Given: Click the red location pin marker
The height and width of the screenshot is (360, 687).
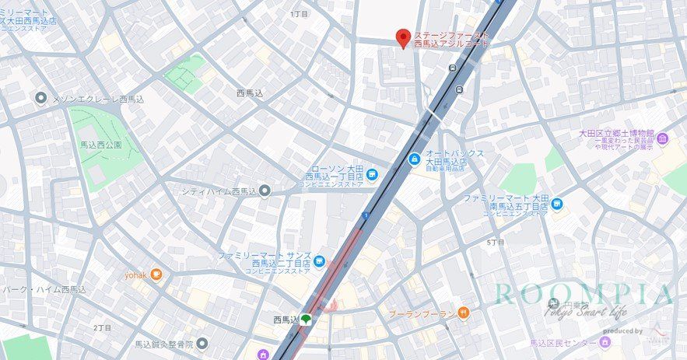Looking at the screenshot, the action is pyautogui.click(x=403, y=37).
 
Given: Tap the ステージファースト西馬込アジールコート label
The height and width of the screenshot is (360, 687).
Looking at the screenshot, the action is pyautogui.click(x=451, y=40).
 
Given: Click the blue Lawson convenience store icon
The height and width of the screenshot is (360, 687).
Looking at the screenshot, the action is pyautogui.click(x=372, y=174).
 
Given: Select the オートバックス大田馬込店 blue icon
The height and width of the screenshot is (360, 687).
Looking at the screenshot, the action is pyautogui.click(x=414, y=159).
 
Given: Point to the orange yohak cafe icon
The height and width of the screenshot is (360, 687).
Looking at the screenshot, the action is pyautogui.click(x=156, y=274).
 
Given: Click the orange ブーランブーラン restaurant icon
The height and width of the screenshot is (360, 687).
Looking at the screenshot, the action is pyautogui.click(x=464, y=313).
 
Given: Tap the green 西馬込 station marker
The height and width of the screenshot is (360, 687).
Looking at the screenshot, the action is pyautogui.click(x=307, y=318).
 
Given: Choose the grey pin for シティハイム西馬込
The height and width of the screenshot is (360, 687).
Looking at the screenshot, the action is pyautogui.click(x=265, y=190).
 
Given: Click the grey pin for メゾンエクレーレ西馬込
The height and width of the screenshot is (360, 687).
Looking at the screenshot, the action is pyautogui.click(x=41, y=99).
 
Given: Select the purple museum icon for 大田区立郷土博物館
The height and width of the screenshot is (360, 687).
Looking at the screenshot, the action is pyautogui.click(x=662, y=139).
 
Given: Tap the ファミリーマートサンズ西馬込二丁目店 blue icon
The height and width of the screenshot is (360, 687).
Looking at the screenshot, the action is pyautogui.click(x=320, y=260).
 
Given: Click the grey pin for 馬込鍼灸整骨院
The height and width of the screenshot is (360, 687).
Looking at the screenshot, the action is pyautogui.click(x=202, y=343).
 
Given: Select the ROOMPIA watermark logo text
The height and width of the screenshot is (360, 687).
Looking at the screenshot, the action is pyautogui.click(x=584, y=295).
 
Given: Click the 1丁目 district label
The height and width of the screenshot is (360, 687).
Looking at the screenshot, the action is pyautogui.click(x=299, y=14).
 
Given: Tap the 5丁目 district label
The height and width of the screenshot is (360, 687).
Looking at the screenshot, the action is pyautogui.click(x=496, y=243).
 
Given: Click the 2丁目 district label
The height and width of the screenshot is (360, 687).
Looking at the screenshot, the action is pyautogui.click(x=103, y=327).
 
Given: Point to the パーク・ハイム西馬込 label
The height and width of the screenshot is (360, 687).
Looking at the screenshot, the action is pyautogui.click(x=44, y=289).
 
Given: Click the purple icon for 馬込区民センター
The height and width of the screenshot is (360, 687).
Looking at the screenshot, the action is pyautogui.click(x=605, y=342).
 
